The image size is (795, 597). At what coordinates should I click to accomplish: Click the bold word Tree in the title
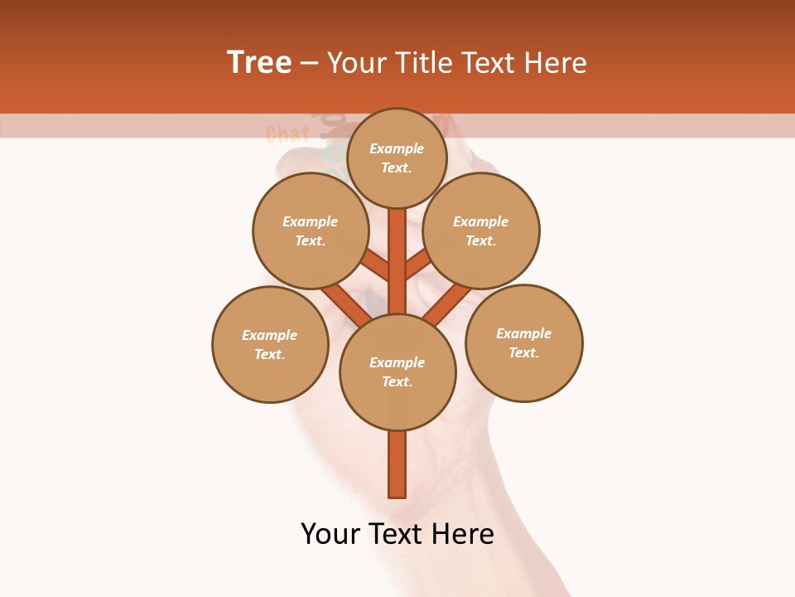tap(259, 63)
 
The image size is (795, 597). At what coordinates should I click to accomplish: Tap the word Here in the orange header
tap(556, 63)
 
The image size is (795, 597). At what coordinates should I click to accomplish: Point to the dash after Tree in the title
tap(310, 64)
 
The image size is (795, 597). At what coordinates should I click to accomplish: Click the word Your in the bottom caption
tap(331, 534)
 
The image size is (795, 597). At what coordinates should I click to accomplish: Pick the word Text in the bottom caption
tap(397, 534)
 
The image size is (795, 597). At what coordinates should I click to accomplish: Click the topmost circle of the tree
tap(397, 158)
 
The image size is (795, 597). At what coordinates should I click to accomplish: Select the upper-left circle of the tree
tap(311, 231)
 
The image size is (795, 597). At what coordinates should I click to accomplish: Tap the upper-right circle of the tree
tap(481, 231)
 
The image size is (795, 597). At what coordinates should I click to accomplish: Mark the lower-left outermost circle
tap(270, 344)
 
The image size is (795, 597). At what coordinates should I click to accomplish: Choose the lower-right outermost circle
tap(523, 342)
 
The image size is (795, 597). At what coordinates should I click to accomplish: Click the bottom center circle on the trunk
tap(397, 371)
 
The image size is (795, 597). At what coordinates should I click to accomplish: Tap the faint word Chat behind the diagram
tap(287, 133)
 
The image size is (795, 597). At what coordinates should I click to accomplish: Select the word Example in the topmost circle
tap(397, 148)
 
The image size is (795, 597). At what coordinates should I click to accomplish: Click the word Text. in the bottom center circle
tap(397, 381)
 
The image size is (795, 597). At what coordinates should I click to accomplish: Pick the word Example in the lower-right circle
tap(523, 333)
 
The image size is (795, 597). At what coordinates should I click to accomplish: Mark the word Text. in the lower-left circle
tap(270, 354)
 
